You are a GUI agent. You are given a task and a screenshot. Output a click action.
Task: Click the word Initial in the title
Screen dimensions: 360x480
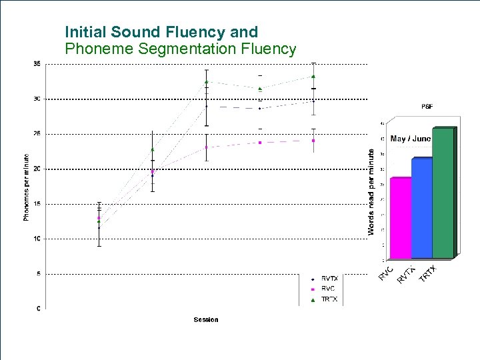pyautogui.click(x=86, y=32)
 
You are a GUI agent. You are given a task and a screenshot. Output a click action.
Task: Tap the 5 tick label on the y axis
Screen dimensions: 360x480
pyautogui.click(x=38, y=273)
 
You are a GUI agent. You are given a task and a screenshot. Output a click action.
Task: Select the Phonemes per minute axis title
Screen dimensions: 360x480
pyautogui.click(x=27, y=187)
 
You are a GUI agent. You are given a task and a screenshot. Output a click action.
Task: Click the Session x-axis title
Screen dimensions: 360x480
pyautogui.click(x=206, y=319)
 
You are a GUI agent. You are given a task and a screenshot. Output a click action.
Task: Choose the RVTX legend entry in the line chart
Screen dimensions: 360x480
pyautogui.click(x=330, y=278)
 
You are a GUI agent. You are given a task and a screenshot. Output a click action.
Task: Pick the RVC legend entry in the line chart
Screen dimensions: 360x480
pyautogui.click(x=329, y=289)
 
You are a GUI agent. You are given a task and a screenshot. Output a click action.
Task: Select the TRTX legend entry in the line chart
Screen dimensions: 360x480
pyautogui.click(x=330, y=299)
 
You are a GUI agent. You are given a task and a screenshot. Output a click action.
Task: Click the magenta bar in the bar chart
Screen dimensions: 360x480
pyautogui.click(x=401, y=218)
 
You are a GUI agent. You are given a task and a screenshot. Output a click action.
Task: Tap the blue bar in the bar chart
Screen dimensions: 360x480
pyautogui.click(x=421, y=208)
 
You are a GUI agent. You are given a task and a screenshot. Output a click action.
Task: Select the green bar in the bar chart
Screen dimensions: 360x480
pyautogui.click(x=443, y=193)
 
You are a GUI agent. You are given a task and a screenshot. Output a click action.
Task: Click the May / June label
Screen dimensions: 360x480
pyautogui.click(x=411, y=139)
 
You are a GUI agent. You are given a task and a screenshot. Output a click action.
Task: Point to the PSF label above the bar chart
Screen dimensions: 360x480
pyautogui.click(x=427, y=106)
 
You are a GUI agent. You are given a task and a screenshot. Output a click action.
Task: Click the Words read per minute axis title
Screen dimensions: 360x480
pyautogui.click(x=371, y=191)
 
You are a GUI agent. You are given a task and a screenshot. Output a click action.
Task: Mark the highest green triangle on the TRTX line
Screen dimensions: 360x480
pyautogui.click(x=313, y=77)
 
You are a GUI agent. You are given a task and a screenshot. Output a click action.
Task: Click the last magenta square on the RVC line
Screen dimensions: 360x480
pyautogui.click(x=313, y=141)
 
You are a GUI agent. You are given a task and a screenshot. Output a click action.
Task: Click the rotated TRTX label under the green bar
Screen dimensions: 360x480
pyautogui.click(x=427, y=273)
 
